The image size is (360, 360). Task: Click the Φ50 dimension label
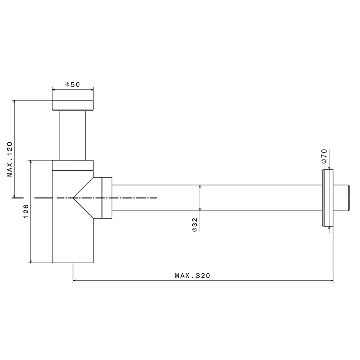pos(73,84)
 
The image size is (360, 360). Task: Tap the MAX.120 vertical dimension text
pos(10,159)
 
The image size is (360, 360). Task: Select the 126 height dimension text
pos(26,211)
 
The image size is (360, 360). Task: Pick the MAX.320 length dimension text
pos(193,276)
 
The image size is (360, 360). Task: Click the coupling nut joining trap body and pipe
pos(107,197)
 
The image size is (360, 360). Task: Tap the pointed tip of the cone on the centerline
pos(73,197)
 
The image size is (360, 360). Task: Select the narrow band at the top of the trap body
pos(73,165)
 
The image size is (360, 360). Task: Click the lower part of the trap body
pos(73,242)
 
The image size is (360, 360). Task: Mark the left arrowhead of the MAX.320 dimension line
pos(74,281)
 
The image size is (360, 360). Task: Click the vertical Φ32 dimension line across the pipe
pos(200,197)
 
